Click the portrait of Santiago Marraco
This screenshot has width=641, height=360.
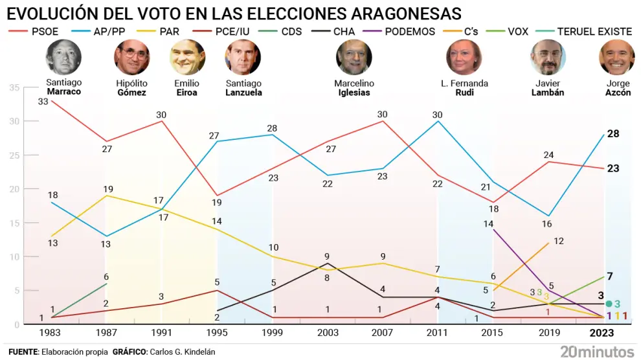coord(63,58)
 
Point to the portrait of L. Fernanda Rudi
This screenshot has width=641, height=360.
coord(464,58)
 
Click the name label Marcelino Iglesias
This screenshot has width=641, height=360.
coord(354,88)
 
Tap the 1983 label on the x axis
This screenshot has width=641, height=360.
coord(51,332)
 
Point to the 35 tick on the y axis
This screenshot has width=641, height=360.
coord(14,87)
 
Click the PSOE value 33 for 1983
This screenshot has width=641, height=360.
coord(43,102)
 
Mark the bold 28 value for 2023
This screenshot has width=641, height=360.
coord(613,133)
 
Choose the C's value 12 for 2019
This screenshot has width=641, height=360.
coord(559,241)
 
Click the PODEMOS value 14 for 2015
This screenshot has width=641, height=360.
coord(488,223)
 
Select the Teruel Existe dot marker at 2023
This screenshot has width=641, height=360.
coord(608,304)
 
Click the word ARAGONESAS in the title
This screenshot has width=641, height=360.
coord(395,14)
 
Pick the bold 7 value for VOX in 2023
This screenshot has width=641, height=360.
coord(609,276)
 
